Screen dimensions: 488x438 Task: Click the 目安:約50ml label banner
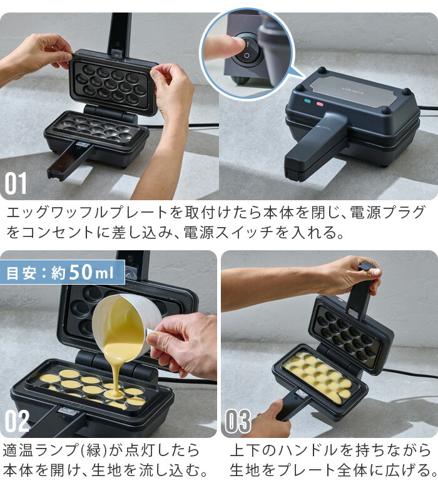pos(63,273)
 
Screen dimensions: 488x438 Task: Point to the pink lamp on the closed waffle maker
pos(319,103)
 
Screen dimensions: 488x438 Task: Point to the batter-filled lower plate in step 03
pos(316,375)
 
